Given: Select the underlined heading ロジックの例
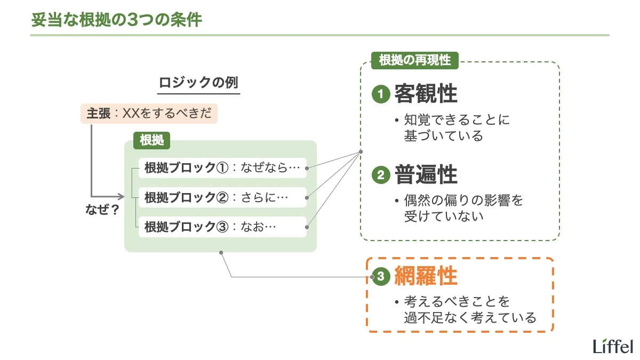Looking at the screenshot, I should click(x=198, y=84).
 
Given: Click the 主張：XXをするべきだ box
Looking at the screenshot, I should click(x=149, y=114).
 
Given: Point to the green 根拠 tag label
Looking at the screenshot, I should click(x=151, y=140).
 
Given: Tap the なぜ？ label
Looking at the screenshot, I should click(x=102, y=210).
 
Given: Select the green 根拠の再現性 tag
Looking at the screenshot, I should click(x=414, y=60).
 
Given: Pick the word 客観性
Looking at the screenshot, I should click(x=426, y=94).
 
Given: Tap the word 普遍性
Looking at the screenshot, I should click(x=426, y=175).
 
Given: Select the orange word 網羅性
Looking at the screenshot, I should click(x=426, y=276).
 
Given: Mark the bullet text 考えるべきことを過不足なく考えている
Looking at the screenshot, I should click(x=469, y=310).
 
